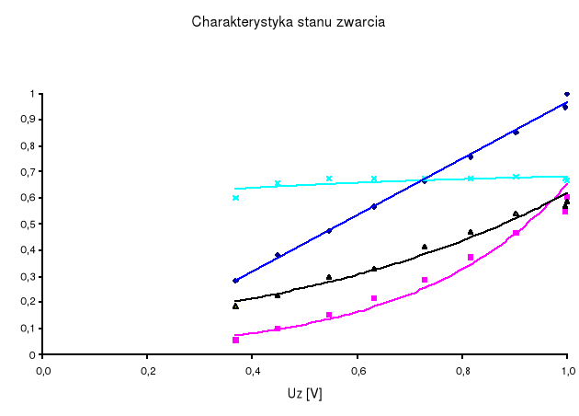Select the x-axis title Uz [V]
point(305,394)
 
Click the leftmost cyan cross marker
point(236,198)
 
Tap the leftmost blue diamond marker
point(235,281)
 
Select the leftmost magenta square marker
point(236,340)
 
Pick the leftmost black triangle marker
point(235,306)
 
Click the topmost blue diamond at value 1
point(567,94)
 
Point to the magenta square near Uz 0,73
point(425,280)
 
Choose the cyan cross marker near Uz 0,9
point(516,177)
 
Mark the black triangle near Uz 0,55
point(329,277)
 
